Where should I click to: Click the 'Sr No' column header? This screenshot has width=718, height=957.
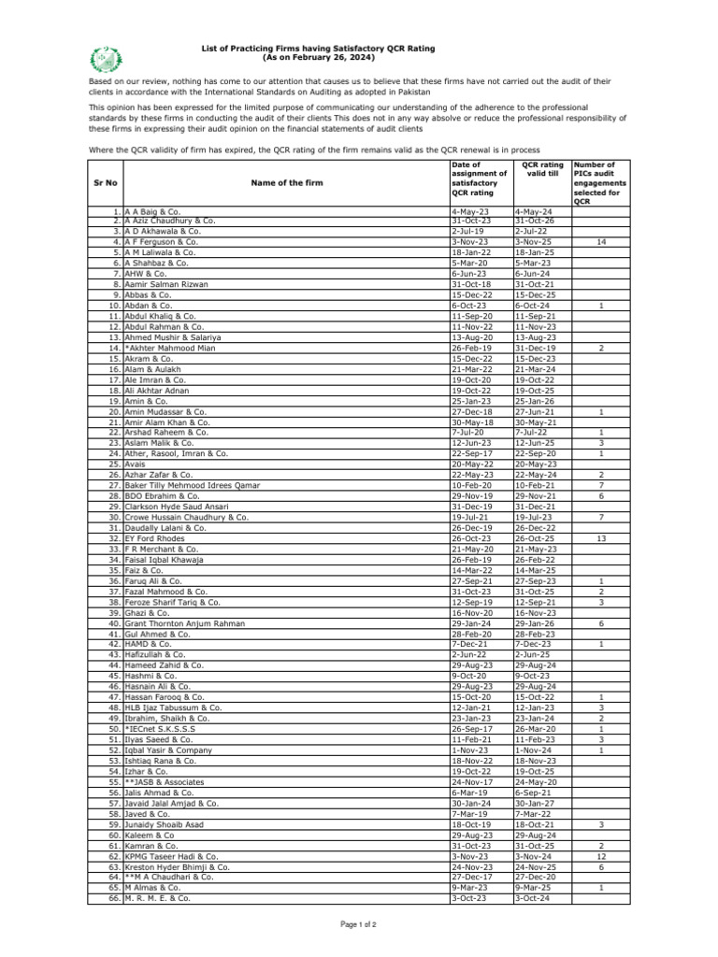pos(106,183)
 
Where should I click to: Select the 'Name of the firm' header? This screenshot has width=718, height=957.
pos(287,183)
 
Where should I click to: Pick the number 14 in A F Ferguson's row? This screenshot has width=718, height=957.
pos(601,241)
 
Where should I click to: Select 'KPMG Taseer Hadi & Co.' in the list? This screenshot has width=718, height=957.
pos(171,856)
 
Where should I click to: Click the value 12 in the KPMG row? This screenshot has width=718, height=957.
pos(601,856)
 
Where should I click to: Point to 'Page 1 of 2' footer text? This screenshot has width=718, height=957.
pos(359,924)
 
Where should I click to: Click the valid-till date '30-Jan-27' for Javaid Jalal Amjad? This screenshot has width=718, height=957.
pos(534,803)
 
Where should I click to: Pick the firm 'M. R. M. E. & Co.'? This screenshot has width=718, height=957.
pos(157,898)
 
